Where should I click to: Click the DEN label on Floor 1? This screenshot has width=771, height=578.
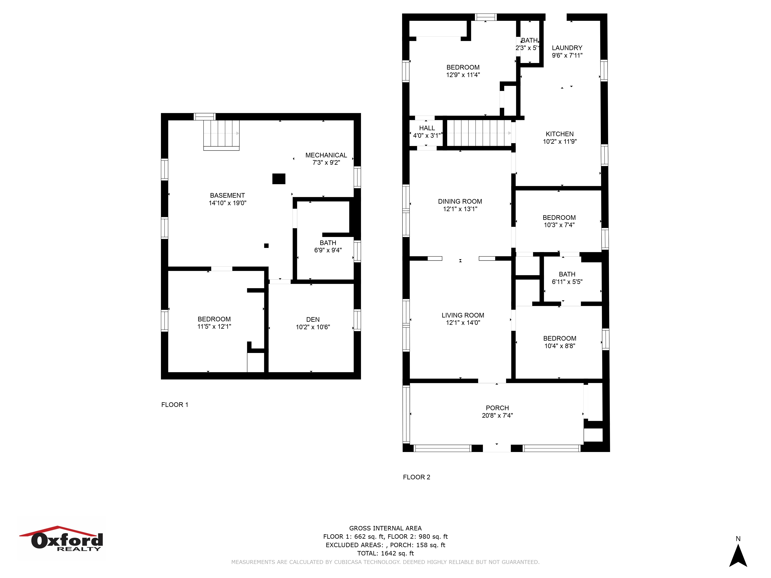(x=313, y=319)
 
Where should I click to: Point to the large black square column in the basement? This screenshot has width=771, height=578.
(x=279, y=179)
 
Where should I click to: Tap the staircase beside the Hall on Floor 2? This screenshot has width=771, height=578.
(x=479, y=133)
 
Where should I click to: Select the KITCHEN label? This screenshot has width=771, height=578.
(x=559, y=134)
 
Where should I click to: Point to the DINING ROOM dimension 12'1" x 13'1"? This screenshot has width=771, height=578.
(x=460, y=209)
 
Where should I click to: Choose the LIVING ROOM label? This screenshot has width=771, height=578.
(x=463, y=315)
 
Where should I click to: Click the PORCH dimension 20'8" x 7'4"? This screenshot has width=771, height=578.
(x=497, y=415)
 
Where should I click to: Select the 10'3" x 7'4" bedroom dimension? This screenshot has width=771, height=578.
(x=559, y=225)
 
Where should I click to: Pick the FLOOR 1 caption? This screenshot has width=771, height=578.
(x=175, y=404)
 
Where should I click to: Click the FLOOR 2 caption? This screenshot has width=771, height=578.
(x=417, y=477)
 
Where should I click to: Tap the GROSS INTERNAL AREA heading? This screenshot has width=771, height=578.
(x=385, y=528)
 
